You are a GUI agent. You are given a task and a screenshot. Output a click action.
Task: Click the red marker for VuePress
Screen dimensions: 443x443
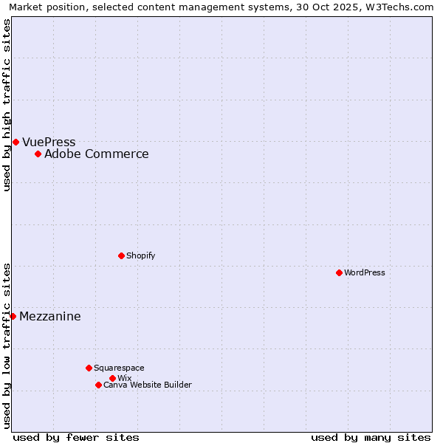(x=16, y=142)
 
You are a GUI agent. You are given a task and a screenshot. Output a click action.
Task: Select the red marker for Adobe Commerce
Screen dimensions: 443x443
(x=38, y=154)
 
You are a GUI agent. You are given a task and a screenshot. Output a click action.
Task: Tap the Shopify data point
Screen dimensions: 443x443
(x=121, y=255)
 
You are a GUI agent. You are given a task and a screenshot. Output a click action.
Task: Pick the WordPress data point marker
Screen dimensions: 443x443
(x=339, y=272)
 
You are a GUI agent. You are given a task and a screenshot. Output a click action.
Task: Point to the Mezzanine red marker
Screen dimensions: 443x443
(x=13, y=316)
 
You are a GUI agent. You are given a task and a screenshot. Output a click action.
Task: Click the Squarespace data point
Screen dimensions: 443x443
(x=89, y=368)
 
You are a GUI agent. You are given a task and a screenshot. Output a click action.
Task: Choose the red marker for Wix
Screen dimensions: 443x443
(x=112, y=378)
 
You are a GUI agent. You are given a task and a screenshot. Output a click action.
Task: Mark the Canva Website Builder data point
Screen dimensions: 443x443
(x=98, y=385)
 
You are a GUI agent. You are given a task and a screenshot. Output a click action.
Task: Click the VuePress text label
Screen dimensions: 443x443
(x=49, y=142)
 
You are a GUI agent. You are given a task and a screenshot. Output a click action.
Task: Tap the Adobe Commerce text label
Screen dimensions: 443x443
(x=97, y=154)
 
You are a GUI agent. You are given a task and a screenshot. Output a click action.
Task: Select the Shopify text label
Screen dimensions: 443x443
(x=141, y=256)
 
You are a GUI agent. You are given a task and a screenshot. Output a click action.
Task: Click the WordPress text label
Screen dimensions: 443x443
(x=365, y=273)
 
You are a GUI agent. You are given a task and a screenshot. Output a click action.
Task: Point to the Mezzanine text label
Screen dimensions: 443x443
(x=50, y=317)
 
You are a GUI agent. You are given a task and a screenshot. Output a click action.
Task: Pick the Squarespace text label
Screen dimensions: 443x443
(x=119, y=368)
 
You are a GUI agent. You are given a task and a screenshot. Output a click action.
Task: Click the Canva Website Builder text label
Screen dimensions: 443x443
(x=148, y=385)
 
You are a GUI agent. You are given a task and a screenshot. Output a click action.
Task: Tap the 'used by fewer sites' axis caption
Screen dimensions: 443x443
(x=76, y=438)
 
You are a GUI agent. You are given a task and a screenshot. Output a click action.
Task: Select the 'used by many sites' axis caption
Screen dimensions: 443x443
(x=371, y=438)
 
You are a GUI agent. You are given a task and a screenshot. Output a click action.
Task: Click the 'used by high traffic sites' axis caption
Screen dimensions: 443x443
(x=7, y=105)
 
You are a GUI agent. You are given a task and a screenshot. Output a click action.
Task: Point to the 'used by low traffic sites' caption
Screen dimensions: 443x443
(x=7, y=346)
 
